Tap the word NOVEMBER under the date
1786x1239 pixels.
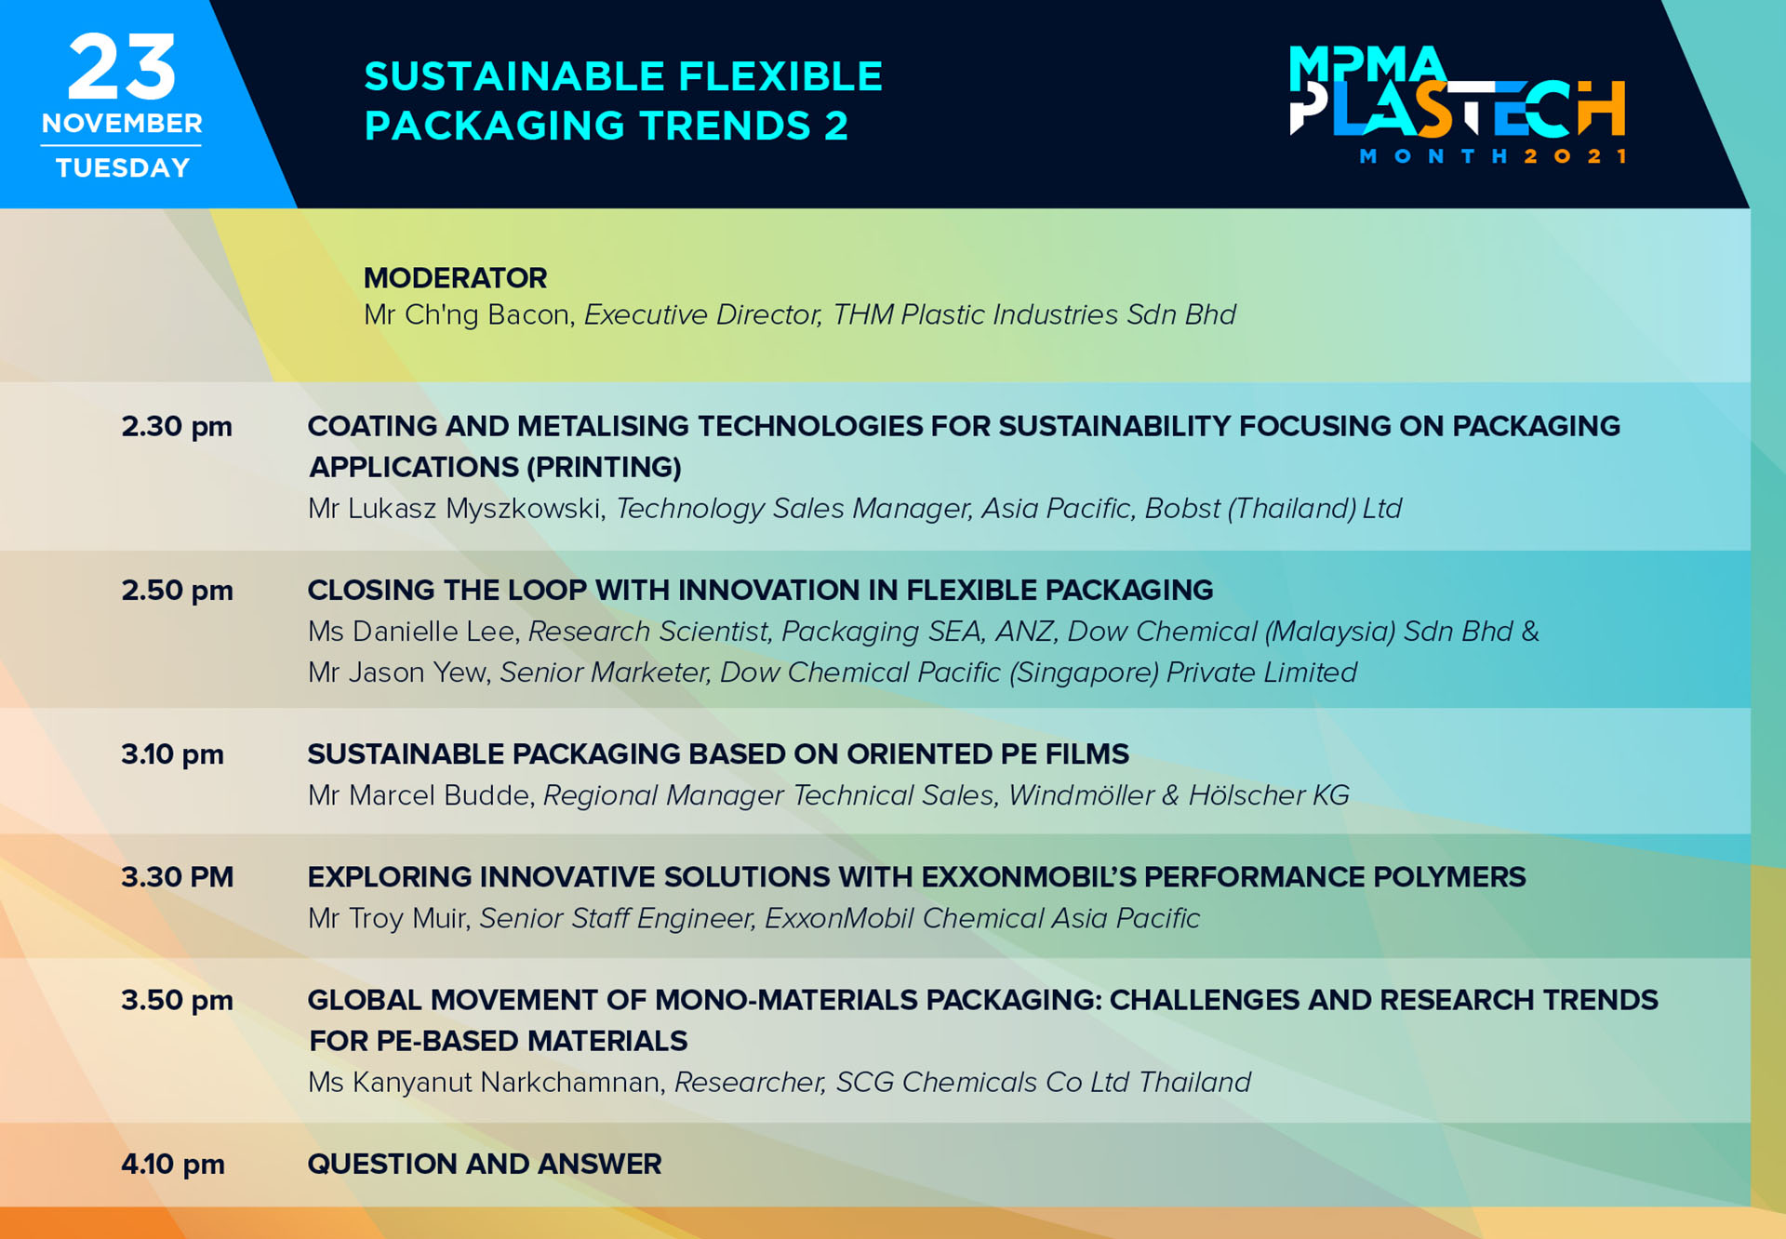click(x=122, y=124)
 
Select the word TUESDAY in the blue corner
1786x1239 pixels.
click(x=123, y=167)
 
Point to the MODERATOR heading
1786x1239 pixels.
click(x=455, y=278)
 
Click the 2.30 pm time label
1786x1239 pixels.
click(x=177, y=427)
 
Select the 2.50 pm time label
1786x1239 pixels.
click(x=177, y=591)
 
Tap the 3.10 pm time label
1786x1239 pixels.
click(x=173, y=754)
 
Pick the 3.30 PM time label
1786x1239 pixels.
click(x=177, y=877)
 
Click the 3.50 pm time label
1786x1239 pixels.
click(x=177, y=1001)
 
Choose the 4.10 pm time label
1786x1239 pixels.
click(x=173, y=1165)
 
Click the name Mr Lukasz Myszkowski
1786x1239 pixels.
click(x=455, y=509)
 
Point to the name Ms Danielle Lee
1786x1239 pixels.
click(x=410, y=632)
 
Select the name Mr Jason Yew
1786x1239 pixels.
click(x=397, y=673)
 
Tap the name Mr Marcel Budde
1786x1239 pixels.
click(x=419, y=795)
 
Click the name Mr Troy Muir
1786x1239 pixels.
click(x=387, y=918)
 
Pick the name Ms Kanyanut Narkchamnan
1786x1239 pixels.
click(x=484, y=1083)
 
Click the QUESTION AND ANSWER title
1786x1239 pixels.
click(x=485, y=1165)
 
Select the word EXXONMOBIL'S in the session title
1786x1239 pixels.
click(x=1028, y=877)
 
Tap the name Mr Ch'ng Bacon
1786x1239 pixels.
click(x=466, y=315)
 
